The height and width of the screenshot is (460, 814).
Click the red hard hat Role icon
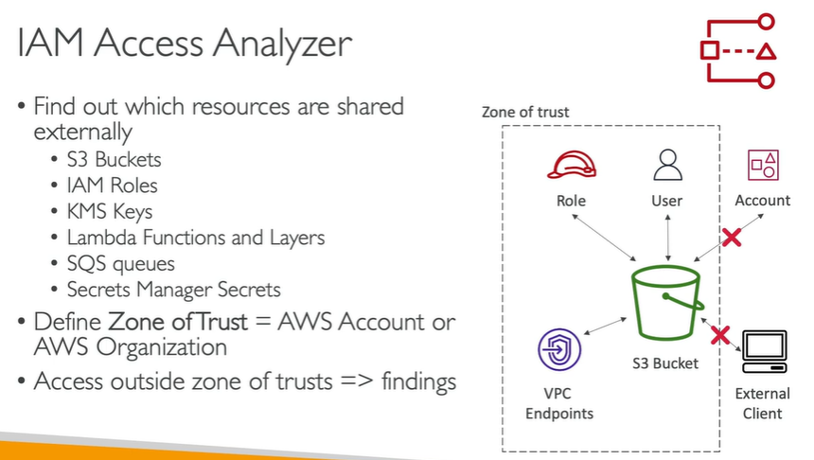tap(571, 164)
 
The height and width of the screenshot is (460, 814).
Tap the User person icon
tap(667, 164)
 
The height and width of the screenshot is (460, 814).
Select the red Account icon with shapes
tap(763, 164)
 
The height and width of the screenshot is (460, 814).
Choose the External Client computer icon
tap(762, 351)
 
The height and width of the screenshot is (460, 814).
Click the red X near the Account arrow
tap(731, 239)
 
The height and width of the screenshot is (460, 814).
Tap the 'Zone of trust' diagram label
tap(525, 113)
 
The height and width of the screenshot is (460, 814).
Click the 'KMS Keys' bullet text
tap(109, 211)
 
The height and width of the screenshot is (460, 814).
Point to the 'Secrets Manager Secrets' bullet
tap(173, 289)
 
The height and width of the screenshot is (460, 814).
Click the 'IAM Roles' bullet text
tap(112, 186)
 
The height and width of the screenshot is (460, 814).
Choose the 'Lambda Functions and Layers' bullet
tap(195, 237)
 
